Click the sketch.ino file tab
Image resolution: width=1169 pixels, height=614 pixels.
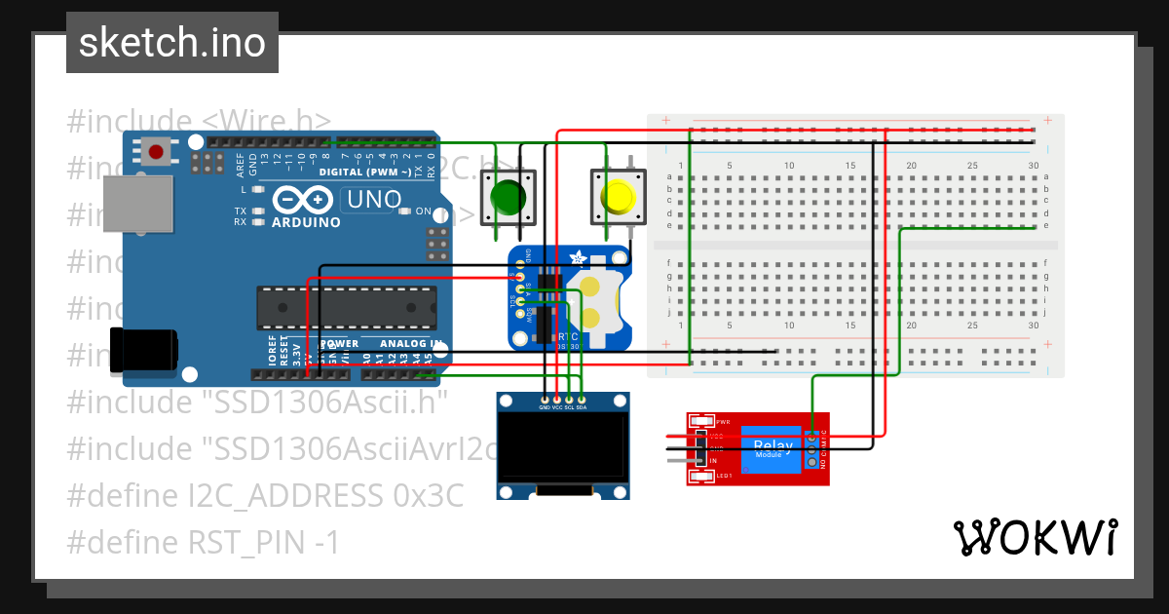(x=171, y=43)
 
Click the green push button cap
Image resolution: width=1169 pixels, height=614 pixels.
(x=508, y=197)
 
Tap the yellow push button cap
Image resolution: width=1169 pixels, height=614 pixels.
(x=618, y=197)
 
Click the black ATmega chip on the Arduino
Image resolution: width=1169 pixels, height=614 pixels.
(x=345, y=307)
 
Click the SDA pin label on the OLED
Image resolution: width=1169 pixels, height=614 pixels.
(x=582, y=407)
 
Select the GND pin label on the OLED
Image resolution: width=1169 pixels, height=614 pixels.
(x=545, y=407)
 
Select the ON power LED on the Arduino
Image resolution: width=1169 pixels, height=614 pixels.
(x=404, y=211)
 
